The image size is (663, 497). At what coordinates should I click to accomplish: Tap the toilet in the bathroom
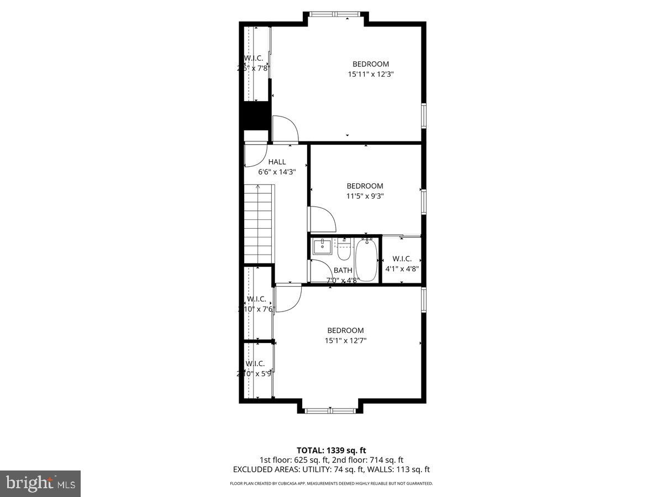point(344,251)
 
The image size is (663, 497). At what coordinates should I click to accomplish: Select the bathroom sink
point(320,247)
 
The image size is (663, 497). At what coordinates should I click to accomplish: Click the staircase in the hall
point(259,224)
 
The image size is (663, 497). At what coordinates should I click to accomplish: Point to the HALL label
point(277,162)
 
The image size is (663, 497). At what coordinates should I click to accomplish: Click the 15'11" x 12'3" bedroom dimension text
point(371,73)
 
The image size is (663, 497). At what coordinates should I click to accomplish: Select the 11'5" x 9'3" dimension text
point(365,195)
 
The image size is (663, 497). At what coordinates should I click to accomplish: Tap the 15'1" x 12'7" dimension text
point(345,341)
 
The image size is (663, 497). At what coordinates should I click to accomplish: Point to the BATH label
point(343,270)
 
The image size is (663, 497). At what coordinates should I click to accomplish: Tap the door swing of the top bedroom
point(284,129)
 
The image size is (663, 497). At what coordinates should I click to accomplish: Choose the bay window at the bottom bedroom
point(331,410)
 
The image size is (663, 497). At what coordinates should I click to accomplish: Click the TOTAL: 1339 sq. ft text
point(331,450)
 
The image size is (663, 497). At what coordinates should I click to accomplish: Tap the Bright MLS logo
point(40,483)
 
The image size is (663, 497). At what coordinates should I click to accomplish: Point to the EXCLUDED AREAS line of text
point(331,469)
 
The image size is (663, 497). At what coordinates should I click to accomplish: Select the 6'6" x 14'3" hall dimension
point(277,172)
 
